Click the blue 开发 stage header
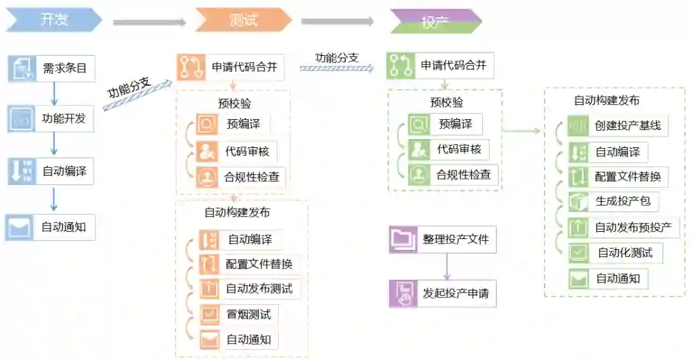click(54, 20)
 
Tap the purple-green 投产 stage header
click(435, 21)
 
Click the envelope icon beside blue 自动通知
click(19, 227)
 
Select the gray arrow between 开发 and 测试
click(149, 22)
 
